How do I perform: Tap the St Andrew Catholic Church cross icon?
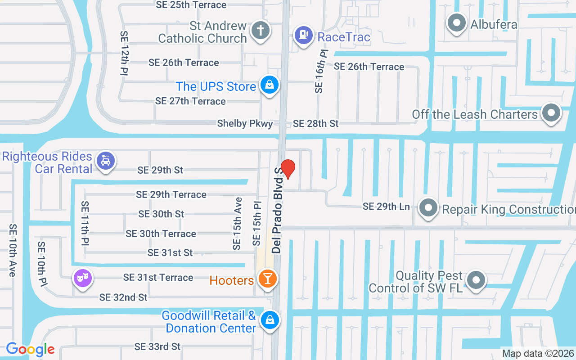(x=260, y=31)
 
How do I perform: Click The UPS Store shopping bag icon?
(x=270, y=85)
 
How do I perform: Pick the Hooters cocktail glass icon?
(x=268, y=279)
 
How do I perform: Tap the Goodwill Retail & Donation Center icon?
(x=270, y=321)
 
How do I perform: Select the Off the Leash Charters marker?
(x=551, y=113)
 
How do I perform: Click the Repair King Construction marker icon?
(x=428, y=208)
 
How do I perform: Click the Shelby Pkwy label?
(x=245, y=123)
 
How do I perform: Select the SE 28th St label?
(x=315, y=123)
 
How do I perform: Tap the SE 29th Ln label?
(x=386, y=207)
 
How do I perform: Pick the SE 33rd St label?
(x=157, y=346)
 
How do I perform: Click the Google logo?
(x=30, y=349)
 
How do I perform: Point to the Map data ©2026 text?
(x=537, y=353)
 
